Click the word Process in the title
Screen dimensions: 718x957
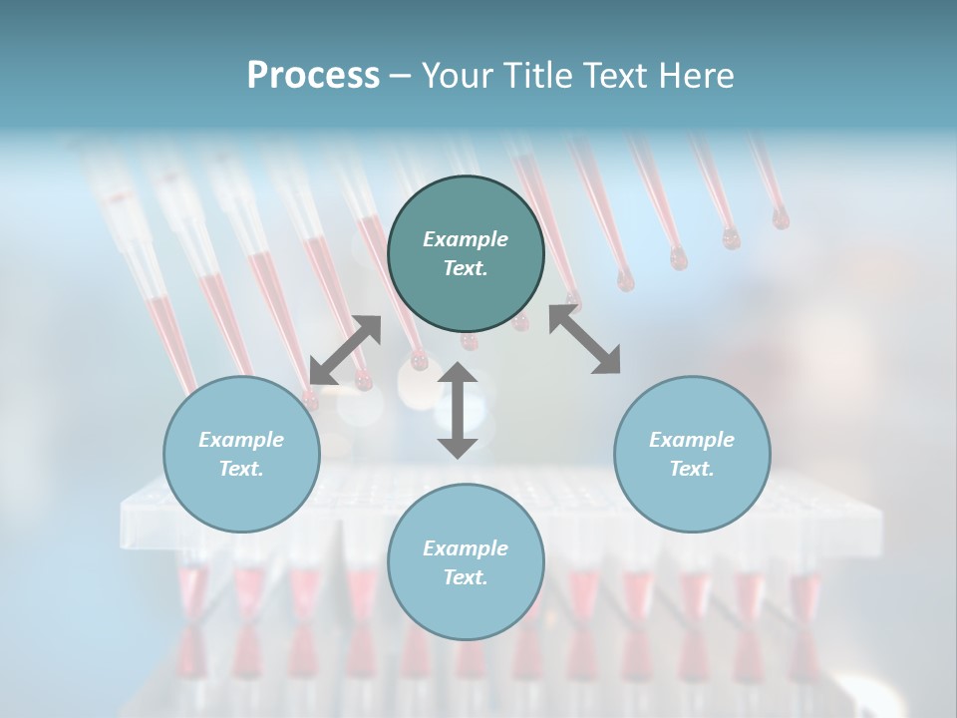pyautogui.click(x=313, y=76)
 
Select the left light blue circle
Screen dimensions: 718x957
pyautogui.click(x=241, y=454)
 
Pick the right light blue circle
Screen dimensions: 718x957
pyautogui.click(x=692, y=454)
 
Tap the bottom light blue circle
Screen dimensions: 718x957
pyautogui.click(x=466, y=561)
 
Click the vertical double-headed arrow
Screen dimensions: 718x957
pyautogui.click(x=458, y=410)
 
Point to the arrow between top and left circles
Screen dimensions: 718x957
pyautogui.click(x=345, y=350)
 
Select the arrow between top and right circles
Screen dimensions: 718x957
pyautogui.click(x=584, y=340)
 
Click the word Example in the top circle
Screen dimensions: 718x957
pyautogui.click(x=466, y=239)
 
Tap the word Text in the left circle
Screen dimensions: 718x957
pyautogui.click(x=241, y=469)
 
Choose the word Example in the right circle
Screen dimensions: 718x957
pyautogui.click(x=692, y=440)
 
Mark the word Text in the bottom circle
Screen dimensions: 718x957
pyautogui.click(x=466, y=577)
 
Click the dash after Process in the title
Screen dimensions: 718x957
pyautogui.click(x=400, y=76)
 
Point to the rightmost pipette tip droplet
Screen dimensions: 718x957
pyautogui.click(x=780, y=217)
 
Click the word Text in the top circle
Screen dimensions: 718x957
pyautogui.click(x=466, y=268)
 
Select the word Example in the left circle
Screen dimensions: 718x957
pyautogui.click(x=241, y=440)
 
